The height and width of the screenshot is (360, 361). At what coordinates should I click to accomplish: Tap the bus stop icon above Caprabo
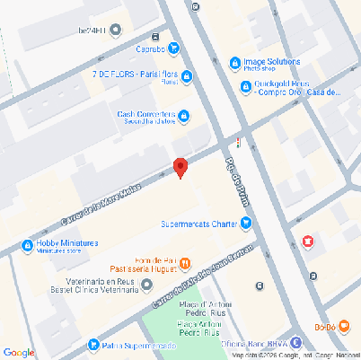point(157,37)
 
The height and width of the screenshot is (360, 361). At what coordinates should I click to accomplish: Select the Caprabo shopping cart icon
point(173,48)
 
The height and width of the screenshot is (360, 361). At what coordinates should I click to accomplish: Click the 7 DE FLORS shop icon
point(186,77)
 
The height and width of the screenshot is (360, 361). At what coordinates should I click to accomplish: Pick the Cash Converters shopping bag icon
point(184,115)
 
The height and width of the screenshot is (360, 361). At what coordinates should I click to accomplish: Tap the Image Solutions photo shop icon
point(234,63)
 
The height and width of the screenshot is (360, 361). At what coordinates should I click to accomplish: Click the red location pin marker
point(180,167)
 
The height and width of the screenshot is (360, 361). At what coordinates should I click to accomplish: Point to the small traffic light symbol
point(238,142)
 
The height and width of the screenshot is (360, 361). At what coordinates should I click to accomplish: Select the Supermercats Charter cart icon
point(245,224)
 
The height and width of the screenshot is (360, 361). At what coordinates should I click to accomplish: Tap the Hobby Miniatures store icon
point(27,246)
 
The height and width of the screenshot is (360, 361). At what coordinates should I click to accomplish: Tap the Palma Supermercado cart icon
point(93,345)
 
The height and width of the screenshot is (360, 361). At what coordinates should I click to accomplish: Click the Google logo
point(19,352)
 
